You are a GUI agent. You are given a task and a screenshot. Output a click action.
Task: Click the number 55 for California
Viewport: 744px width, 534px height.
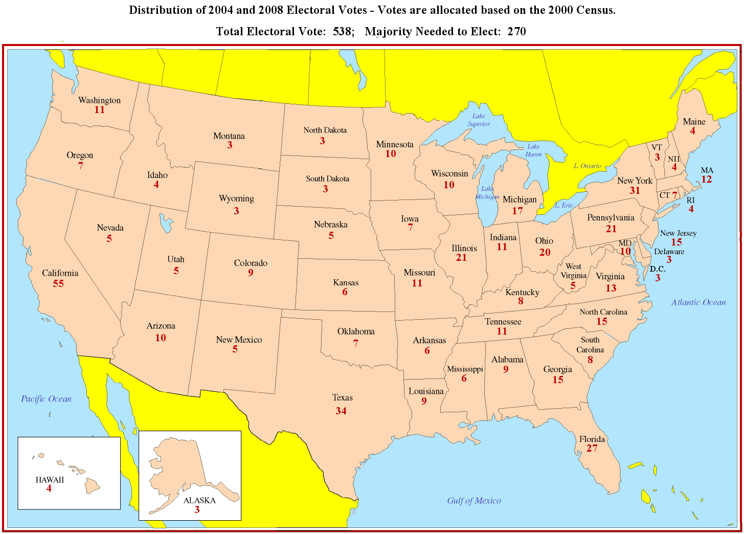coord(58,284)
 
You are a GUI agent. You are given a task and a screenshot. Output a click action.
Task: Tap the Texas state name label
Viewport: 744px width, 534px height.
coord(342,397)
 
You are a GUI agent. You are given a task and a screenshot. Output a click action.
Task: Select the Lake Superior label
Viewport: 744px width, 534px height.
coord(479,120)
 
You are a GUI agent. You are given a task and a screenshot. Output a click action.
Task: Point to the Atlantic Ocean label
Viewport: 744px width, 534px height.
coord(698,302)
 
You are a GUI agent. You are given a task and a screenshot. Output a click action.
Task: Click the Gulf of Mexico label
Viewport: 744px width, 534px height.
coord(474,501)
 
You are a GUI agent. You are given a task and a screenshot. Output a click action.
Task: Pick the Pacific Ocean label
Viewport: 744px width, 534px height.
coord(46,399)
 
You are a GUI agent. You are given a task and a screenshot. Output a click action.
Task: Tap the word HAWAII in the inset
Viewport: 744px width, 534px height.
coord(50,480)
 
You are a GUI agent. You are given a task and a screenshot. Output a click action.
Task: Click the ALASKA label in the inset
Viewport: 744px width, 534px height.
coord(199,500)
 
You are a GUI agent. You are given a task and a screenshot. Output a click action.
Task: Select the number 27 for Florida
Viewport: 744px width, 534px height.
coord(592,449)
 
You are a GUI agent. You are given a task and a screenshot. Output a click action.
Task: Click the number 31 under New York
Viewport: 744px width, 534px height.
coord(635,190)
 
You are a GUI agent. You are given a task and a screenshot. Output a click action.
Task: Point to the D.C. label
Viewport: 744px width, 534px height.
coord(658,269)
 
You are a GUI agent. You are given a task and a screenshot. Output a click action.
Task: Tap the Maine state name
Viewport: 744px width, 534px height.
coord(694,122)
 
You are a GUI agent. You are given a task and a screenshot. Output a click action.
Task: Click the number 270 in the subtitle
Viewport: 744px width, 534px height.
coord(516,32)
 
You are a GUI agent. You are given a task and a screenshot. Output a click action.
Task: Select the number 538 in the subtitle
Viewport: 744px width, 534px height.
coord(342,32)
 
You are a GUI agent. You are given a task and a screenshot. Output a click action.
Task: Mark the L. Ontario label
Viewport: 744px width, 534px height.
coord(587,166)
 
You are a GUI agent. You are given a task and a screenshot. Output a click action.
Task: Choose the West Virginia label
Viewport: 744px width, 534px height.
coord(573,271)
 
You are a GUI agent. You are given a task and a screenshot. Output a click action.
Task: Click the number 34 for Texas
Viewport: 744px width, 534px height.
coord(341,411)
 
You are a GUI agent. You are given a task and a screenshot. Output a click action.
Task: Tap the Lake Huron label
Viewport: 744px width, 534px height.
coord(533,150)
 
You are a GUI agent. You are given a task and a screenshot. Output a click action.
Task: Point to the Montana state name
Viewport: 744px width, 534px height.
coord(229,136)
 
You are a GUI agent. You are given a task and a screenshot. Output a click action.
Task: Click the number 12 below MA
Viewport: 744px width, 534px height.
coord(707,180)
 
